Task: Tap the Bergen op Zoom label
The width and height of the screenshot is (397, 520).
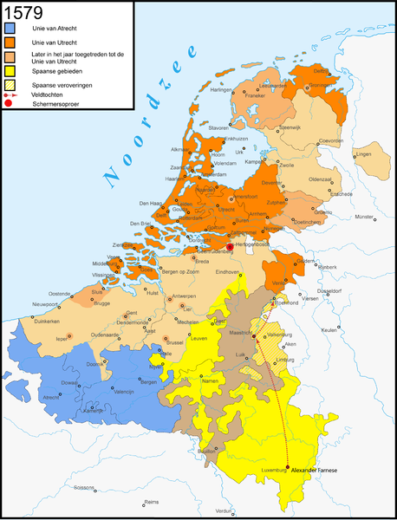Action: pos(179,274)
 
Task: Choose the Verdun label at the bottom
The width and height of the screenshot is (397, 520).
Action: pos(224,510)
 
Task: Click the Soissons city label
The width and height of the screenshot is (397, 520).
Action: pos(83,488)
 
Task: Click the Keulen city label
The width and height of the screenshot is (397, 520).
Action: pos(328,330)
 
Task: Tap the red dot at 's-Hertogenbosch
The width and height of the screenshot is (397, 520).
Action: pos(229,246)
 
